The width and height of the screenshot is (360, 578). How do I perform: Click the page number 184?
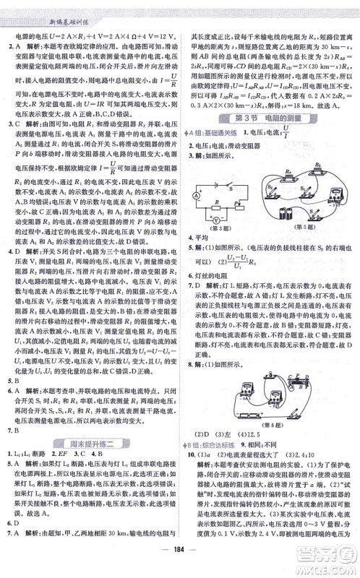pyautogui.click(x=179, y=560)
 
